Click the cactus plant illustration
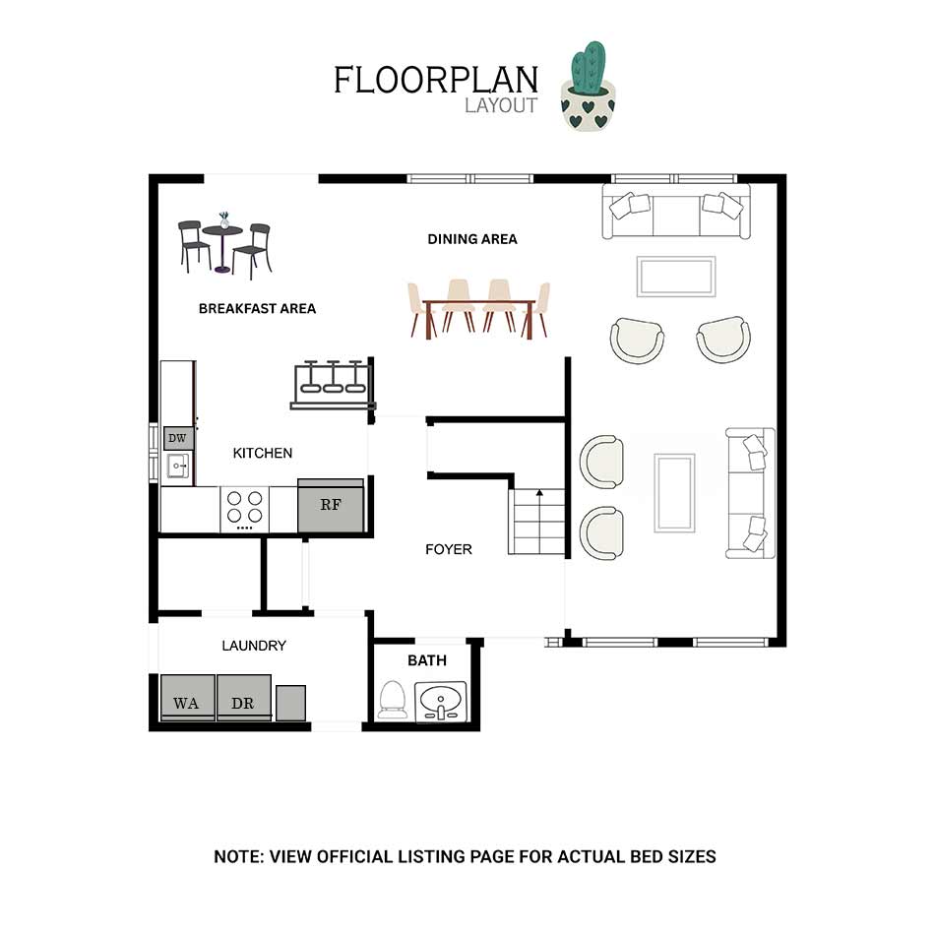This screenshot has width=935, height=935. click(588, 86)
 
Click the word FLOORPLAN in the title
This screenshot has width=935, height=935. click(436, 81)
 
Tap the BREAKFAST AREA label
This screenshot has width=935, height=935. click(257, 309)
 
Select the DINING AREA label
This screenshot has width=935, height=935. click(472, 239)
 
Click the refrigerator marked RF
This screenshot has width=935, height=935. click(331, 505)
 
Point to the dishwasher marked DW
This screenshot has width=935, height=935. click(178, 438)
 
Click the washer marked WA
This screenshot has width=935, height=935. click(187, 698)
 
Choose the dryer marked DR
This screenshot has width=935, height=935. click(244, 698)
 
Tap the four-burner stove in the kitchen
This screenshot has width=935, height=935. click(244, 509)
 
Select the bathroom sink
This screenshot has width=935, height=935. click(441, 701)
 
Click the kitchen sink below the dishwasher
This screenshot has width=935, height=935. click(178, 466)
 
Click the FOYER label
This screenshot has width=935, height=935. click(449, 549)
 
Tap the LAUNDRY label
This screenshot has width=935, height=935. click(254, 646)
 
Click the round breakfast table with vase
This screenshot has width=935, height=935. click(222, 241)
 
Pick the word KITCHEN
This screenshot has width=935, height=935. click(263, 453)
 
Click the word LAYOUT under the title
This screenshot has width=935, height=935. click(501, 105)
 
